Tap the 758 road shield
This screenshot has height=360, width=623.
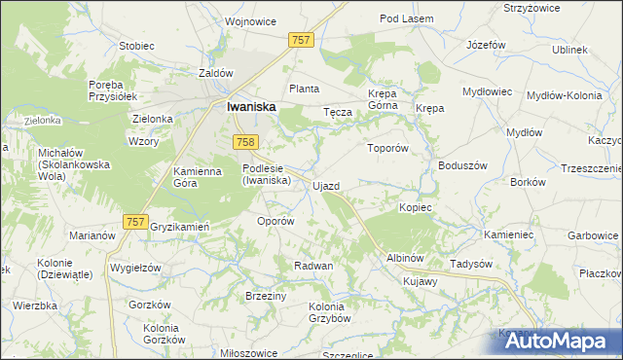point(245,143)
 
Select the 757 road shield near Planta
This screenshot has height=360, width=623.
point(301,40)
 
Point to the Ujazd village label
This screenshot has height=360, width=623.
point(326,185)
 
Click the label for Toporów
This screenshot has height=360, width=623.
point(385,149)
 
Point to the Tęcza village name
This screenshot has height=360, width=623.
point(337,112)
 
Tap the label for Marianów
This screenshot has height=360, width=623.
point(92,235)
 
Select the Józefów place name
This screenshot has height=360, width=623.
point(486,45)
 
